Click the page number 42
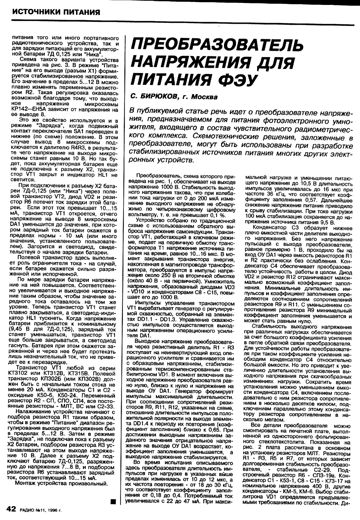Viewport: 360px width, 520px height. (11, 509)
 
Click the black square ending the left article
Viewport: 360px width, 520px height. (114, 502)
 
